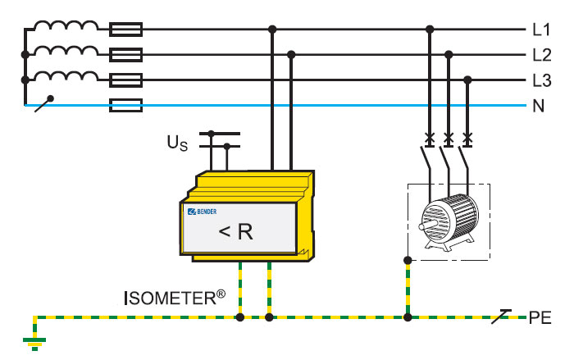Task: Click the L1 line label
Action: click(x=541, y=30)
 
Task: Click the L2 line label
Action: click(x=541, y=55)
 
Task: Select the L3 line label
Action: click(x=541, y=80)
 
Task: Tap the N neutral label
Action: click(x=539, y=105)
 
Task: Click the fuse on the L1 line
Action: click(x=125, y=30)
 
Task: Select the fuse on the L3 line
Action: click(x=125, y=80)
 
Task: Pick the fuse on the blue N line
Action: click(x=125, y=105)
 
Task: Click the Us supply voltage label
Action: click(x=177, y=144)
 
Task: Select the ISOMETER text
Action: click(x=175, y=296)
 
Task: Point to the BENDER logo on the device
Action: click(x=204, y=212)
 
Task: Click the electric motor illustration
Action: click(x=448, y=221)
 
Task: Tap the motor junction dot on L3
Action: click(x=468, y=80)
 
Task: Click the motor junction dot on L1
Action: click(x=429, y=30)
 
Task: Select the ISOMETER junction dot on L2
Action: click(x=291, y=55)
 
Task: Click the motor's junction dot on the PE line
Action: click(x=408, y=317)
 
